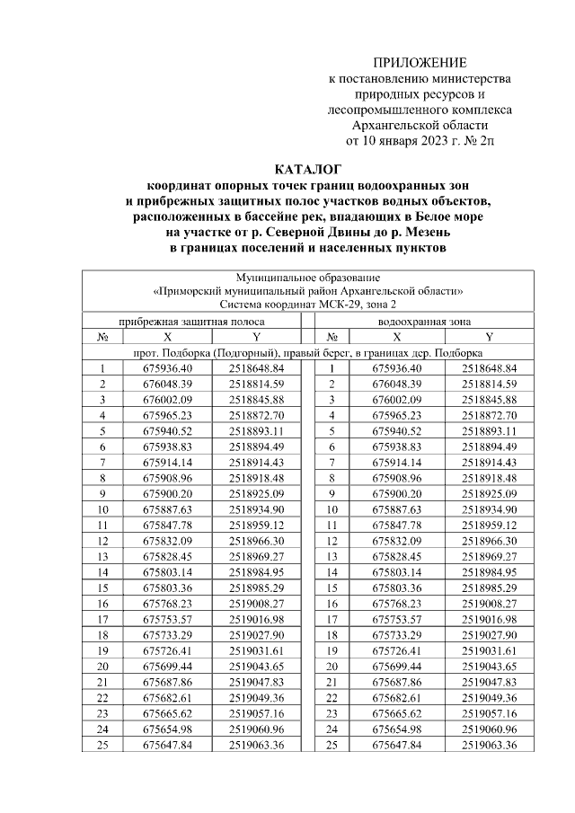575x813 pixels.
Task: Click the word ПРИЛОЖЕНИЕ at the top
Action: (420, 63)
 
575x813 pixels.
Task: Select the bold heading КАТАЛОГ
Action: (308, 168)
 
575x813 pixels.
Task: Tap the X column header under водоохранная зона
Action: (396, 337)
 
